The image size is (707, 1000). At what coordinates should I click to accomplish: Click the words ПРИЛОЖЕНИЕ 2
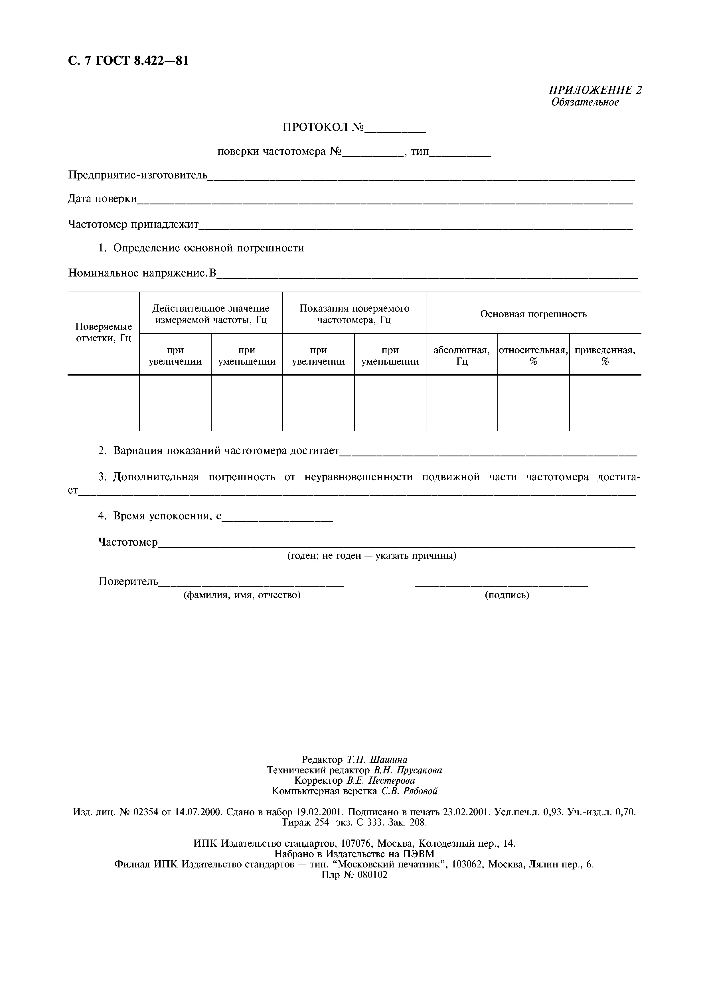(595, 90)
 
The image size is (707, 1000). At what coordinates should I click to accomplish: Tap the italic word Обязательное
(585, 102)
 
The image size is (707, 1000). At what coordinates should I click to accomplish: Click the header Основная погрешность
(533, 314)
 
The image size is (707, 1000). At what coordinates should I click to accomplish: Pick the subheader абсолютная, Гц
(461, 356)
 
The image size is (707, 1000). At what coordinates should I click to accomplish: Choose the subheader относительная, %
(533, 356)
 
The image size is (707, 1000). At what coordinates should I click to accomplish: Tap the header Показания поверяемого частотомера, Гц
(354, 314)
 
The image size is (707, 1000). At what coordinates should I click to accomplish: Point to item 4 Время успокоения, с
(159, 516)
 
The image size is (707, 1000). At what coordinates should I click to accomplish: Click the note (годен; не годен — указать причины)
(372, 556)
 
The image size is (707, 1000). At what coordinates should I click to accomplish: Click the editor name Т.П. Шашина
(377, 760)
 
